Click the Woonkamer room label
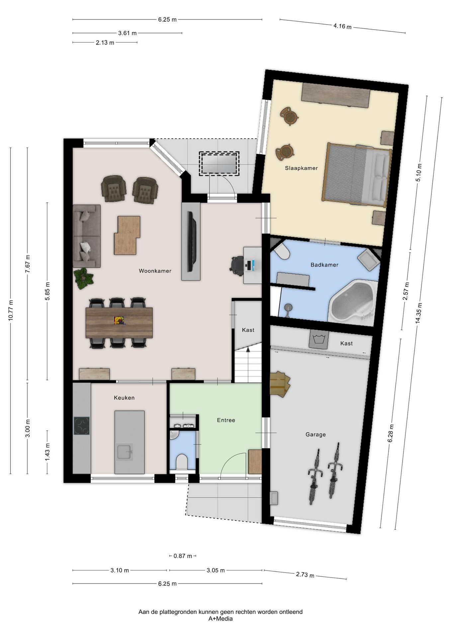point(155,271)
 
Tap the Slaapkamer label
point(301,168)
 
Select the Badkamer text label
point(324,265)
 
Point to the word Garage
point(316,434)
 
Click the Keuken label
point(124,398)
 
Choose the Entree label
point(226,420)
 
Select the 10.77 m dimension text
point(11,310)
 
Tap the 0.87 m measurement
point(183,556)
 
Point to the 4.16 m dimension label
point(342,26)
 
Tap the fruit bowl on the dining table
point(119,320)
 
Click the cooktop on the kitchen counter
point(82,426)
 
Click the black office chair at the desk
point(238,266)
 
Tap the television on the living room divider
point(191,241)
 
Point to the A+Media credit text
point(221,618)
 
